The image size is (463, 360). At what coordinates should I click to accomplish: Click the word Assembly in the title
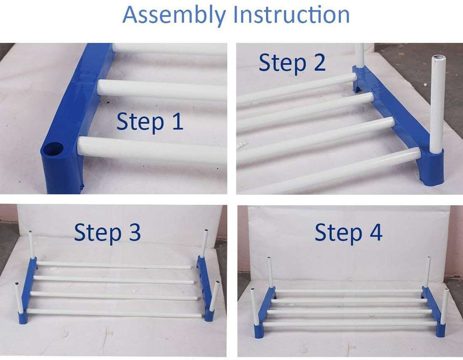pyautogui.click(x=175, y=15)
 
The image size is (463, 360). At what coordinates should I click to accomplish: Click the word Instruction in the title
pyautogui.click(x=291, y=15)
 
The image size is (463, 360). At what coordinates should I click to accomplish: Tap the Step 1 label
pyautogui.click(x=150, y=122)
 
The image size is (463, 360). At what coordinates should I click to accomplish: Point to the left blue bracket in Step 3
pyautogui.click(x=27, y=291)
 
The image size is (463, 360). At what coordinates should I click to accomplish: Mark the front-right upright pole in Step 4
pyautogui.click(x=444, y=306)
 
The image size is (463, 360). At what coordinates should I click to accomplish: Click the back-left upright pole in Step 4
pyautogui.click(x=270, y=272)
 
